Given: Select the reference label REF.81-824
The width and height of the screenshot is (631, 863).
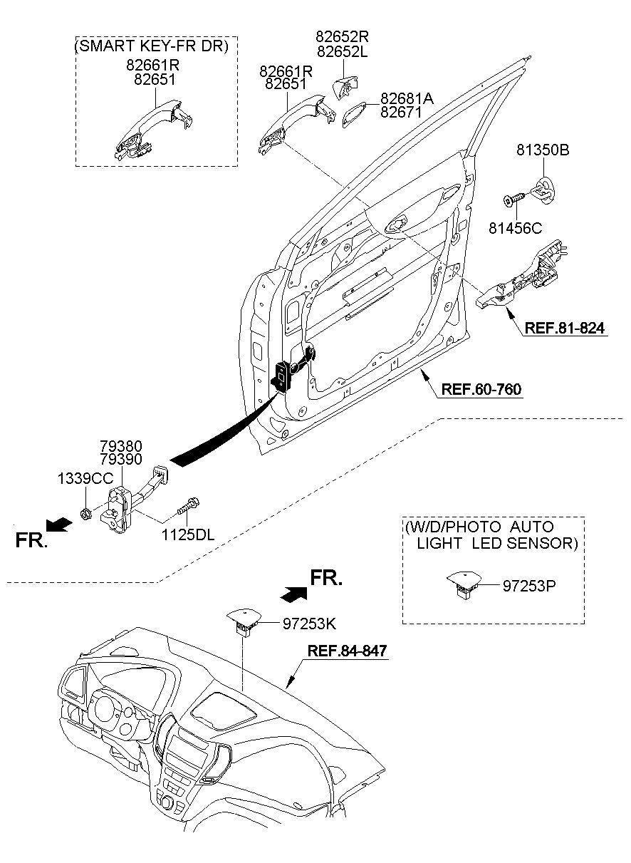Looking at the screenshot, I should (565, 329).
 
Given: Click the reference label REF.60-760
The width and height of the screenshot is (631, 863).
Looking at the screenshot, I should (481, 390).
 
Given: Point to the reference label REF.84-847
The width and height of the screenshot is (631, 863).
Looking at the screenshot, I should (348, 651).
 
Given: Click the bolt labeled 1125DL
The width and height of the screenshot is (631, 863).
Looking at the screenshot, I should (190, 507).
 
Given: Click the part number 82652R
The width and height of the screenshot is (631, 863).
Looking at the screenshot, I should (343, 35).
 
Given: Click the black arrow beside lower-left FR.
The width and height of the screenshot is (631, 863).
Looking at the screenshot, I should (62, 525).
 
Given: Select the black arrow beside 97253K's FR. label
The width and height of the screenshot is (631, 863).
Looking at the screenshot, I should (293, 591).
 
